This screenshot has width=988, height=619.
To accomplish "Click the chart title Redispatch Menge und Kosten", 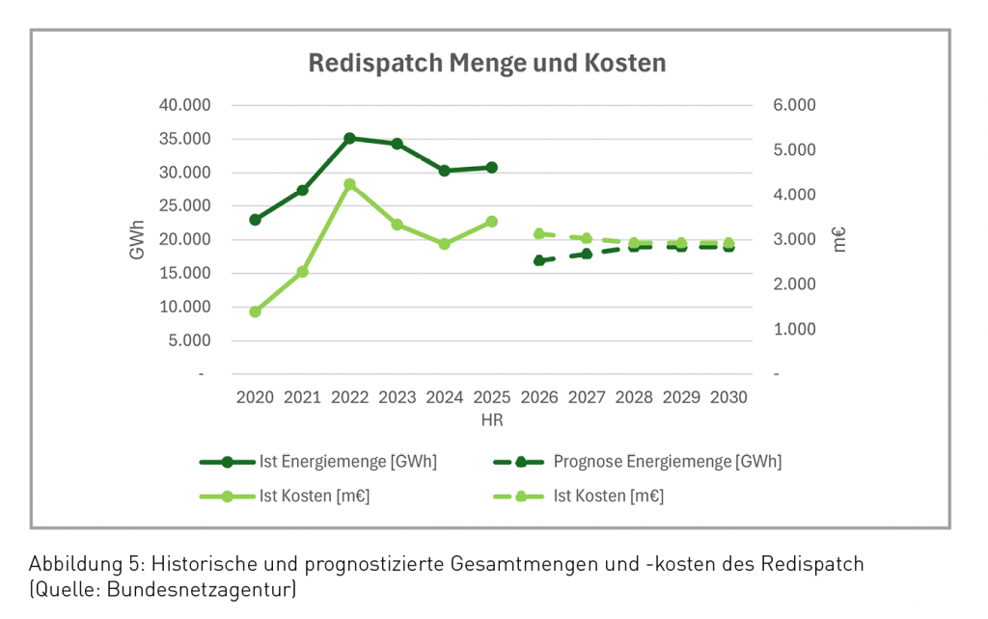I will [x=486, y=64].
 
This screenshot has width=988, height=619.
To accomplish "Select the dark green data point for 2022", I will [x=349, y=139].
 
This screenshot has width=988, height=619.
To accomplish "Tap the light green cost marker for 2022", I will [x=349, y=184].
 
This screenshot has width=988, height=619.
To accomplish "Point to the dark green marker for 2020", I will [x=255, y=220].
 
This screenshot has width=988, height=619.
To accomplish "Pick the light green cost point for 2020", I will [x=255, y=311].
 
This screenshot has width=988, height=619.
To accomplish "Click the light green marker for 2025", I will [x=491, y=222].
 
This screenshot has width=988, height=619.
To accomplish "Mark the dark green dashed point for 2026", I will [x=538, y=260].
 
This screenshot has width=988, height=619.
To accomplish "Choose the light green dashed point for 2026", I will [x=538, y=233].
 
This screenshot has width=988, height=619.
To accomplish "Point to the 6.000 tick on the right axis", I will [x=795, y=105].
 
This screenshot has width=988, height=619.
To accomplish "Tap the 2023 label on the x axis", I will [x=397, y=396].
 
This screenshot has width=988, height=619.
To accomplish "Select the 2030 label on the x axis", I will [x=728, y=396].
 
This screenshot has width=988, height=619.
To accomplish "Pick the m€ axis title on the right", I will [x=839, y=239].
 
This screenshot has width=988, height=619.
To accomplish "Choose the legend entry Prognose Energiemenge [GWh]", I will [x=667, y=462].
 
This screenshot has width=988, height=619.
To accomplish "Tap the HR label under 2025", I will [x=491, y=420].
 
